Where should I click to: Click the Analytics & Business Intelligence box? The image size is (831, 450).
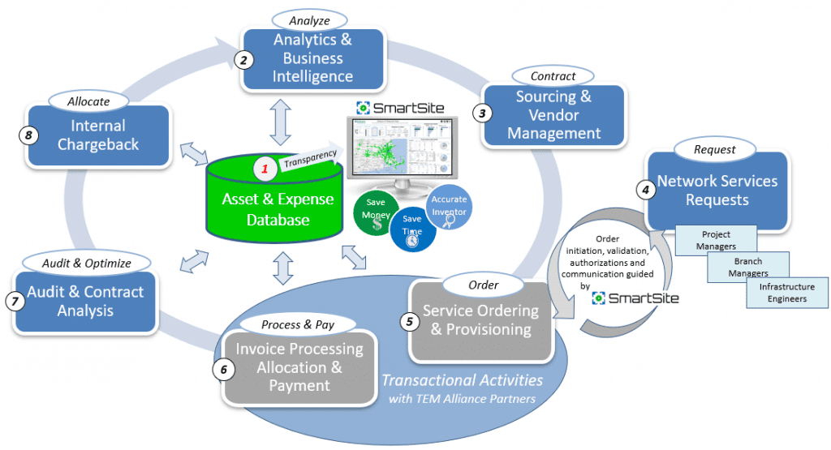(x=312, y=59)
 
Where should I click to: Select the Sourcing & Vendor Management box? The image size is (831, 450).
(x=553, y=116)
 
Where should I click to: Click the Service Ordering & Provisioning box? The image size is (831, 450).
(x=480, y=321)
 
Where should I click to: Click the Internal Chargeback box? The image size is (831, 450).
(x=98, y=136)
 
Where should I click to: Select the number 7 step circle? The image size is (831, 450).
(x=13, y=300)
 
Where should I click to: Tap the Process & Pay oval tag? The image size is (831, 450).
(x=297, y=324)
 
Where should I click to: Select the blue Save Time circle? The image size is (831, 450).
(x=412, y=229)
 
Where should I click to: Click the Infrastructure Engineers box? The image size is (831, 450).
(x=786, y=293)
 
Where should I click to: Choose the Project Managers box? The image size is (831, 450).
(x=716, y=239)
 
